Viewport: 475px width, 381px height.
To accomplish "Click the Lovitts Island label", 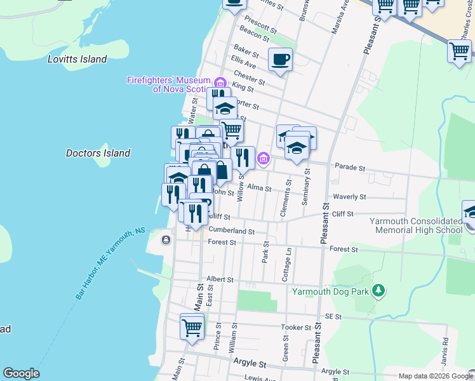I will tap(77, 59).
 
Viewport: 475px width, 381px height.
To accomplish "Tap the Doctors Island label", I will tap(98, 153).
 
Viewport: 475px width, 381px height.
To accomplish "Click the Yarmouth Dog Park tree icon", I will tap(378, 291).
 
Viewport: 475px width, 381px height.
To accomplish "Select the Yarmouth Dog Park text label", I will tap(330, 292).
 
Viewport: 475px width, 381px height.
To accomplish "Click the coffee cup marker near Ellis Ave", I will tap(280, 60).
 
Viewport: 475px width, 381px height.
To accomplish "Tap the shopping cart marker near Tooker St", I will tap(192, 327).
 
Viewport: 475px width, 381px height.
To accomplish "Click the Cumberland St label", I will tap(231, 231).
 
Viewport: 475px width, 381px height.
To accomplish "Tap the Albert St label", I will tap(220, 279).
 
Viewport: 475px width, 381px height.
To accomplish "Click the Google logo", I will tap(21, 373).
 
